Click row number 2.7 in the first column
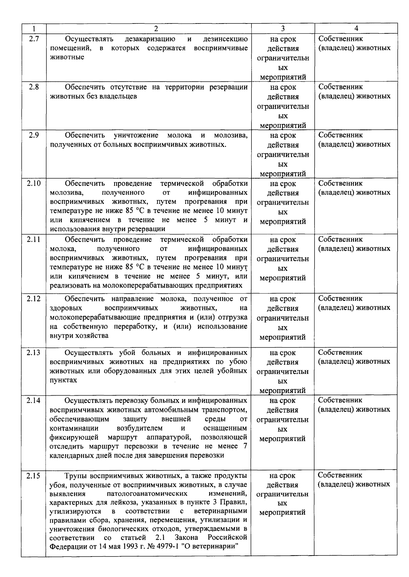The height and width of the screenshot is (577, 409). (x=34, y=39)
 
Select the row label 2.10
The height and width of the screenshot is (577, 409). (x=34, y=183)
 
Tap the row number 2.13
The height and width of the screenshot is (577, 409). (x=34, y=352)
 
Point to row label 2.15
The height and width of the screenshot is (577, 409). (x=34, y=475)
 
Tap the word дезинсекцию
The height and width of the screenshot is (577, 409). (x=225, y=39)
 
